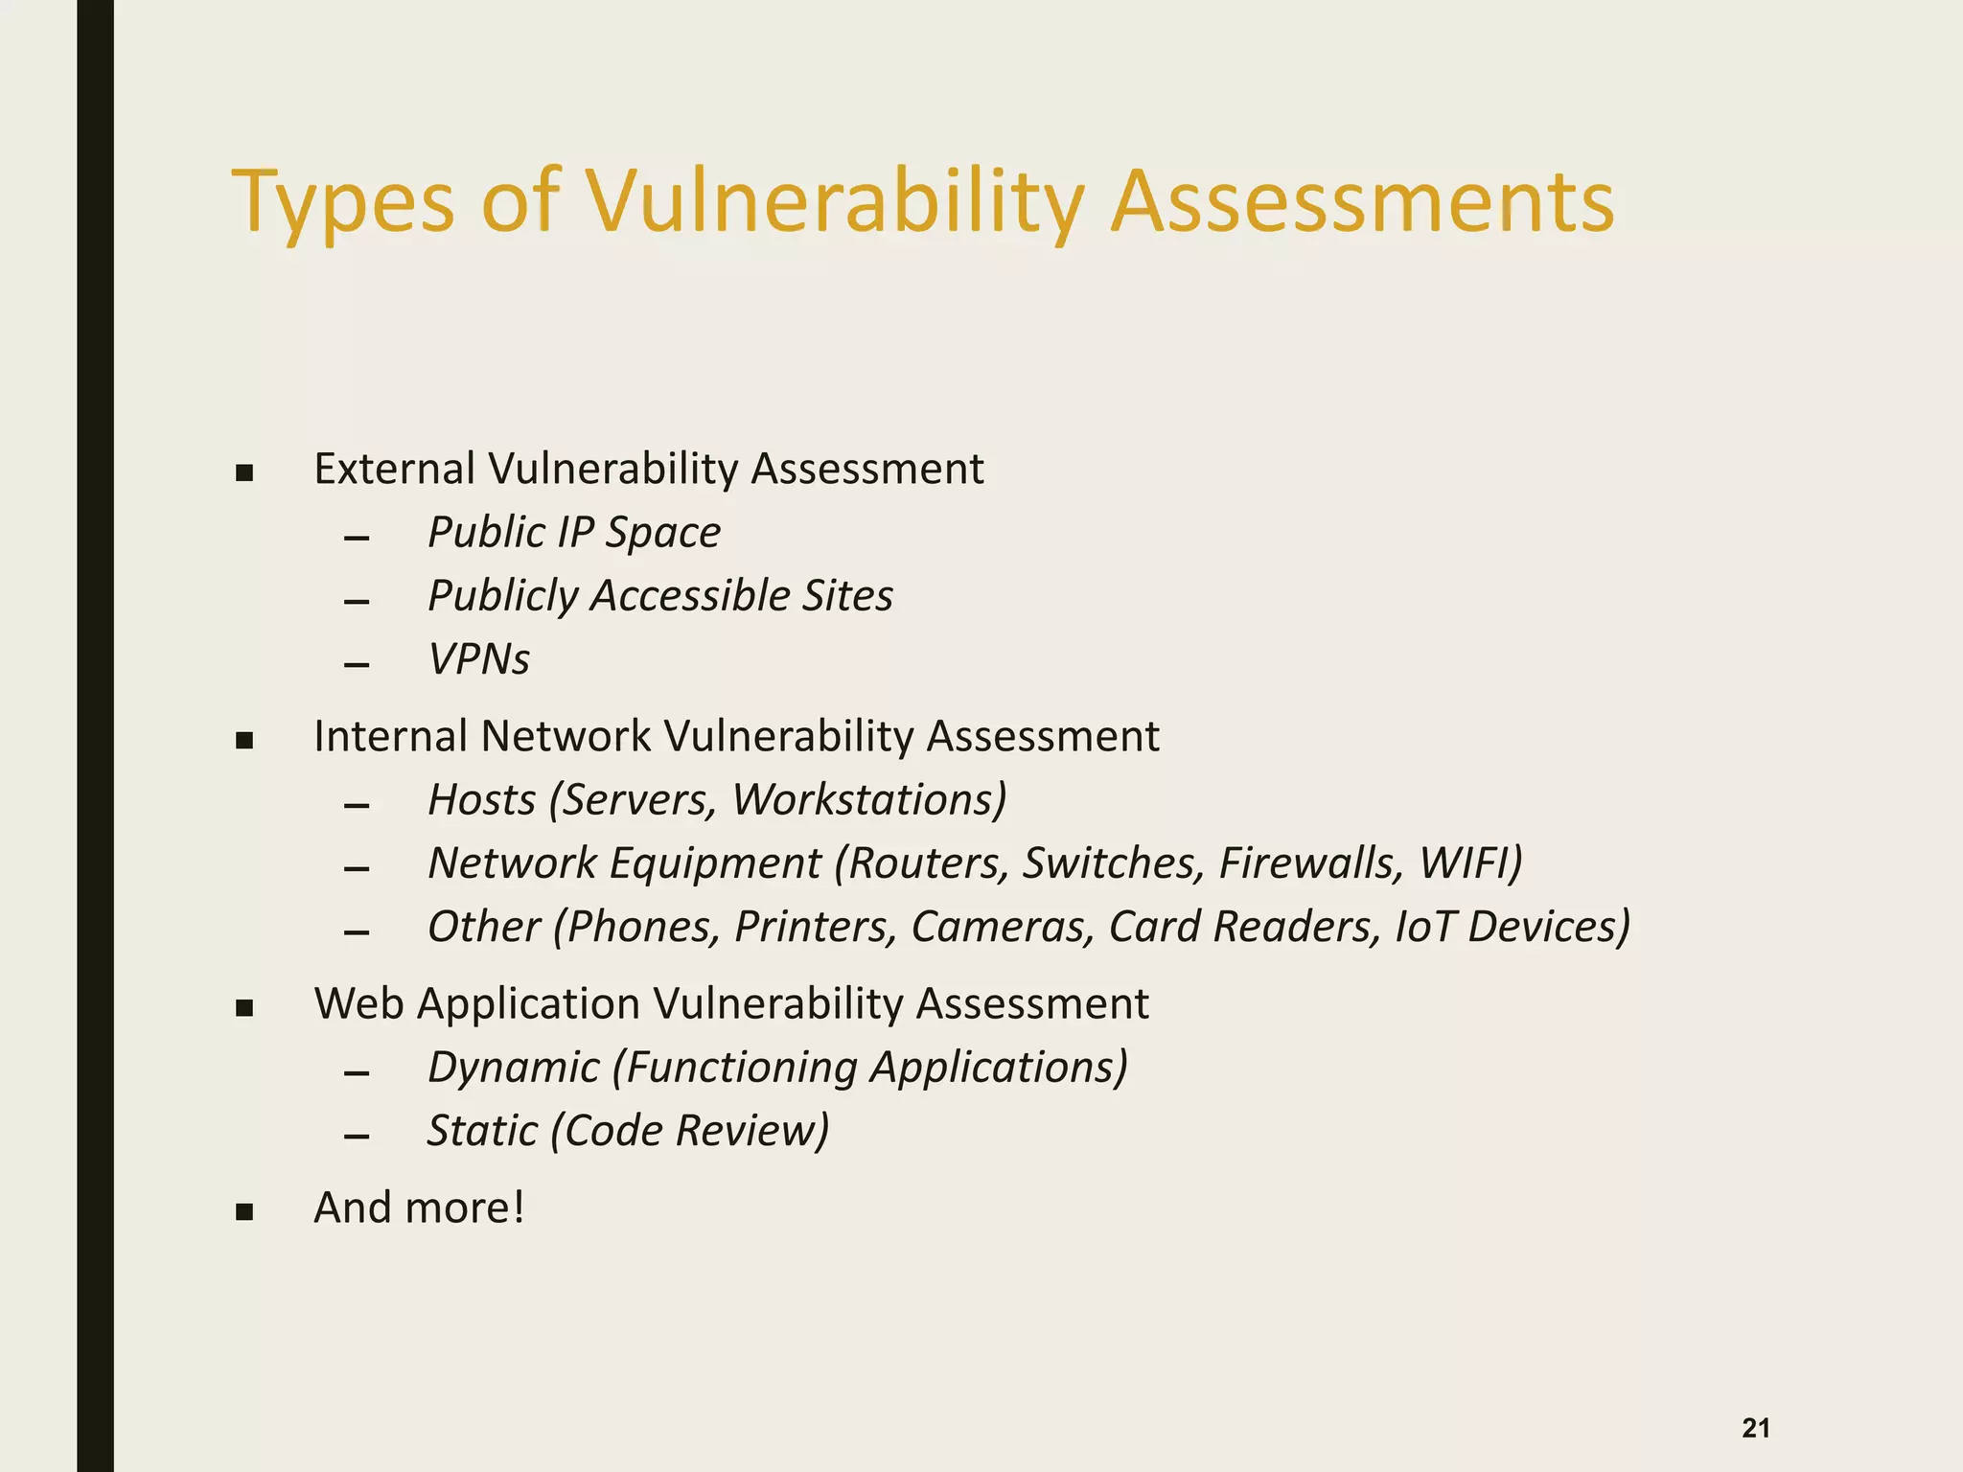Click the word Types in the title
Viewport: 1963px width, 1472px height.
point(342,203)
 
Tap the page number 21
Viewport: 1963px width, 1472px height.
point(1756,1428)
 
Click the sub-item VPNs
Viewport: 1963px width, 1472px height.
point(478,659)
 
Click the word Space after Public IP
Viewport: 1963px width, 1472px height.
point(662,533)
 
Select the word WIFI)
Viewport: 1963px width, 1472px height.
point(1470,862)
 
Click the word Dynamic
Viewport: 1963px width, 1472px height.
point(514,1068)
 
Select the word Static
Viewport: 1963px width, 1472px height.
point(482,1131)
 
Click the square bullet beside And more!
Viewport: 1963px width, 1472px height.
point(244,1212)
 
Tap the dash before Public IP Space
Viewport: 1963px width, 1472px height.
point(357,539)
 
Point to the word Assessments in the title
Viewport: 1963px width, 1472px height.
point(1362,203)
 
